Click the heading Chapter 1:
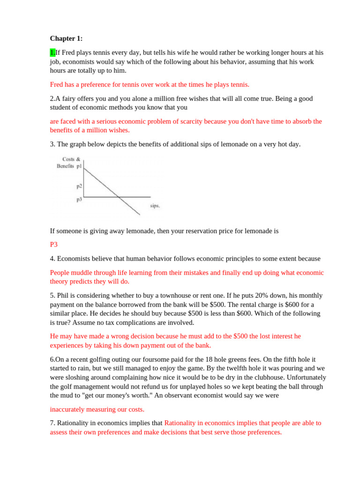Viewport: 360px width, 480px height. [x=66, y=38]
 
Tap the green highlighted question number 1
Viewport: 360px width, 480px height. [x=52, y=52]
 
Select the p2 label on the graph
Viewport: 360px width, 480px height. [x=79, y=186]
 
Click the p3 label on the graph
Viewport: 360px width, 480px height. [x=79, y=199]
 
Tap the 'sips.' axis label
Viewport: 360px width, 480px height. [x=155, y=206]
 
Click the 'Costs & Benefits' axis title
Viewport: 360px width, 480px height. [x=69, y=162]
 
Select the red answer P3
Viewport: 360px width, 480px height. [x=53, y=244]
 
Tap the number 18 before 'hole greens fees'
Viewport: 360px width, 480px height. [x=190, y=360]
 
